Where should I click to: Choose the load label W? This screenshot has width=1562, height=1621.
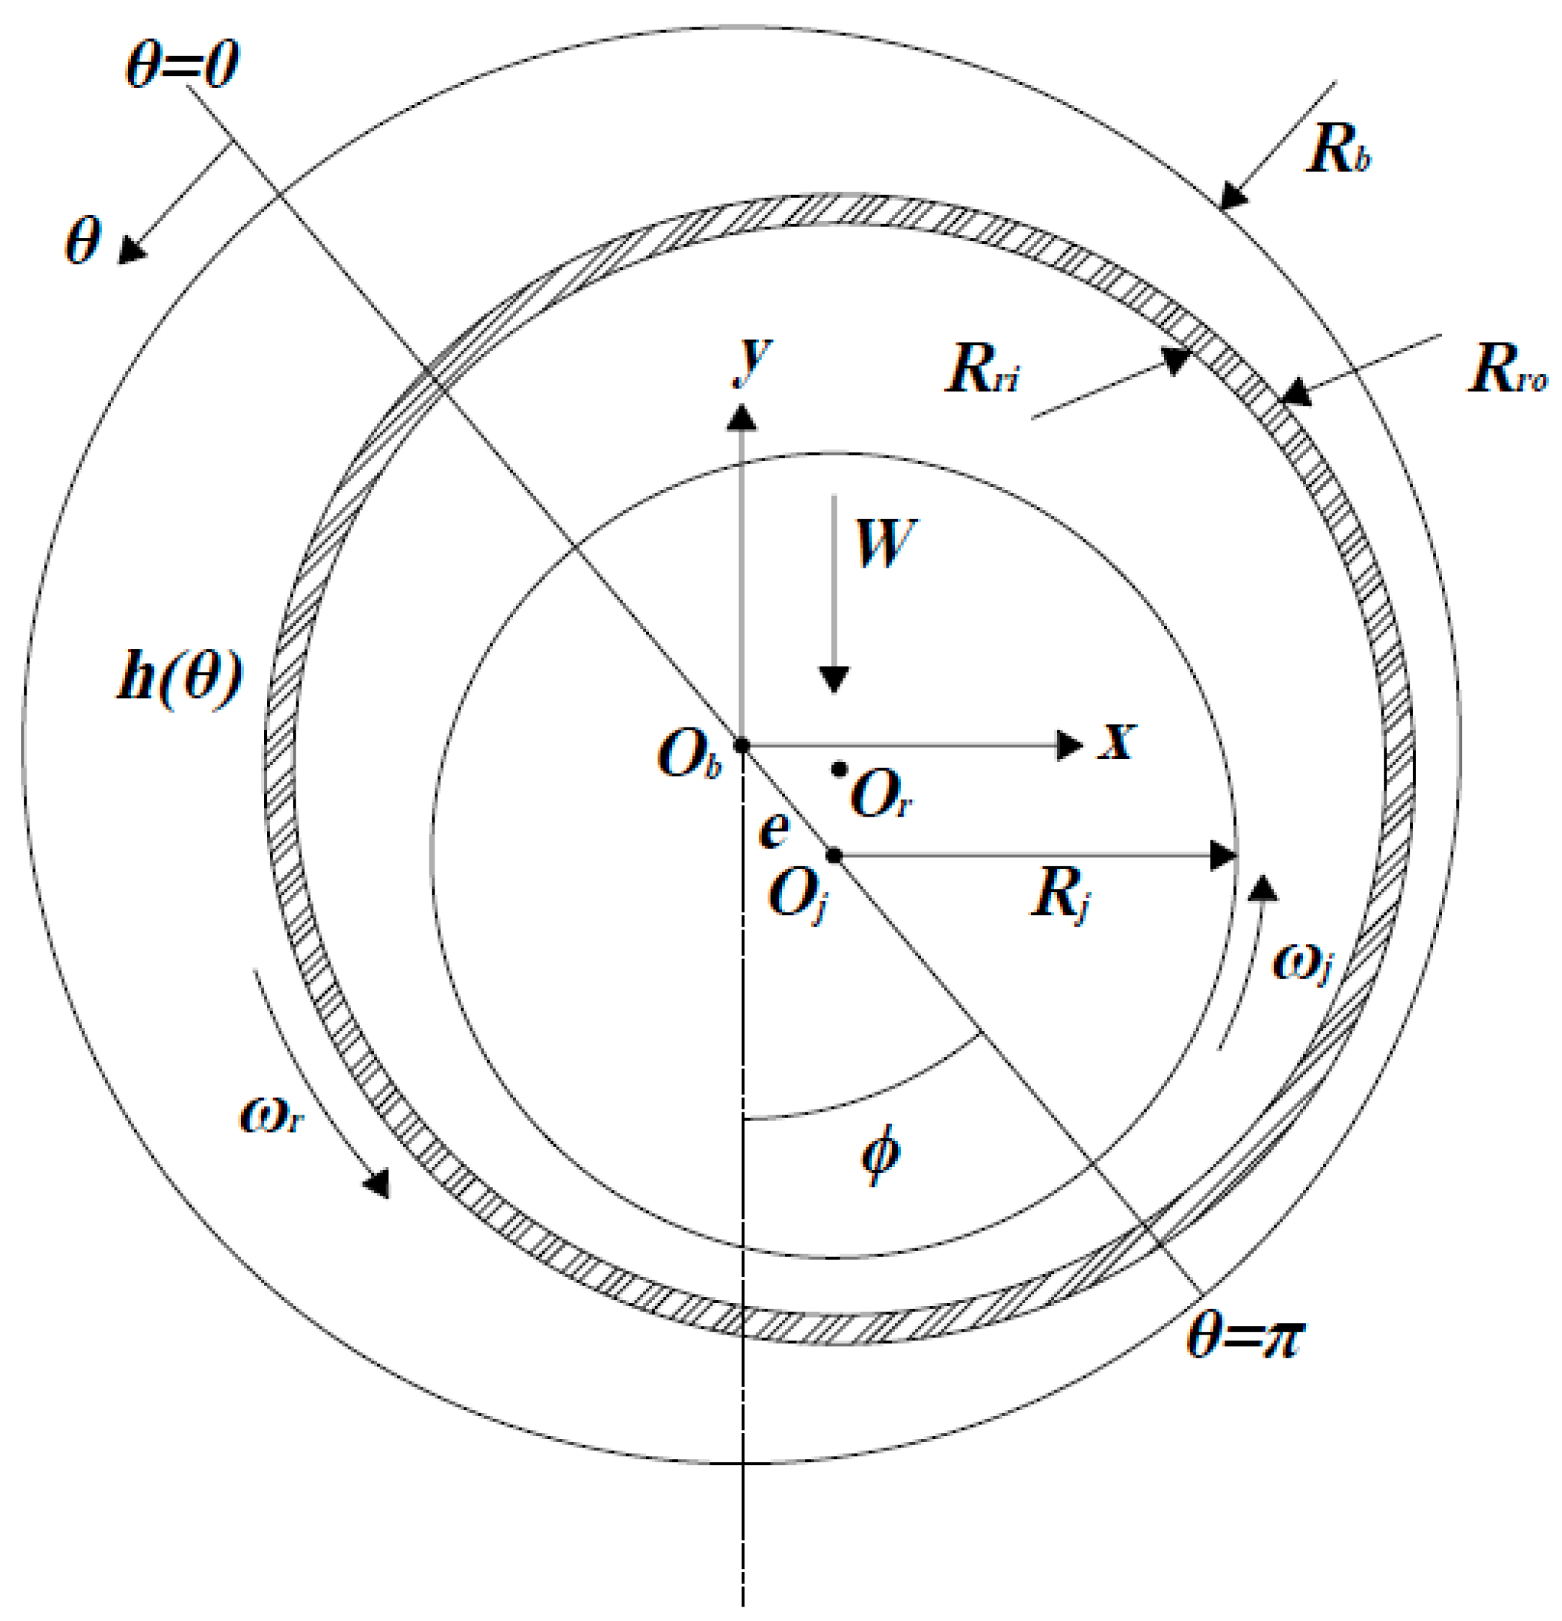[885, 543]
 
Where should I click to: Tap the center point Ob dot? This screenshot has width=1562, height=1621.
[742, 746]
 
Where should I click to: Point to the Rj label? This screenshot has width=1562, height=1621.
[1060, 896]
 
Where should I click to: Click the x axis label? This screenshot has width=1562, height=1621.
[1117, 740]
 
